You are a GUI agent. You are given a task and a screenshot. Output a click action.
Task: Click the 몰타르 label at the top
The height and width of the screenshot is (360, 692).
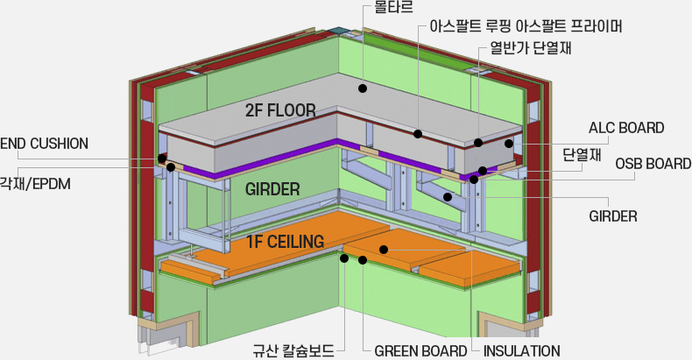[x=393, y=7]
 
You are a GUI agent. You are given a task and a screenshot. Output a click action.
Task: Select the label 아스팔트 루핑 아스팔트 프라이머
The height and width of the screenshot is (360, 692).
[x=526, y=26]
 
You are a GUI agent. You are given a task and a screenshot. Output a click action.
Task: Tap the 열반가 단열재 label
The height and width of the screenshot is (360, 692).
[x=531, y=47]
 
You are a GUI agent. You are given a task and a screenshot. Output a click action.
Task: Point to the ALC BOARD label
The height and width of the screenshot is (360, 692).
[x=626, y=128]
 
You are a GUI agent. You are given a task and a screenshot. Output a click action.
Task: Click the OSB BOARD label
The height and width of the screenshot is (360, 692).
[x=653, y=164]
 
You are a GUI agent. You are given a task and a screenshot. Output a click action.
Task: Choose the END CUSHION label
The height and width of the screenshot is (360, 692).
[x=44, y=144]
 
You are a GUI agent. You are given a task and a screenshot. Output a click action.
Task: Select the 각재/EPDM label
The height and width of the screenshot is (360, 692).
[x=35, y=184]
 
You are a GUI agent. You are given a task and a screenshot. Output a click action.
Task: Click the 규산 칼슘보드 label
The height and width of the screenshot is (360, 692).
[x=293, y=350]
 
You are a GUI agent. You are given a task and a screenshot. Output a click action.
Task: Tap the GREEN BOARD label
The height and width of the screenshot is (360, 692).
[x=420, y=351]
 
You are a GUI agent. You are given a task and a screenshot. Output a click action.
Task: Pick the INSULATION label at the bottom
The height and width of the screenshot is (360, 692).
[x=522, y=351]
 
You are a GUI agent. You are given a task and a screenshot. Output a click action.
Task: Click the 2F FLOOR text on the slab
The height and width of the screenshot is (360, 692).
[x=280, y=110]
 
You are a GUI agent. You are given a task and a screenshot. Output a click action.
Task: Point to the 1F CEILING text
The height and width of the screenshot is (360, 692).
[x=285, y=242]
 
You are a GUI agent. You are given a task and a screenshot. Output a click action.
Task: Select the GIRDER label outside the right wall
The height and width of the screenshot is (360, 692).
[x=613, y=216]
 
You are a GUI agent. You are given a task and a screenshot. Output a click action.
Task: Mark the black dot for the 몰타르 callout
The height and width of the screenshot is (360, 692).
[x=363, y=88]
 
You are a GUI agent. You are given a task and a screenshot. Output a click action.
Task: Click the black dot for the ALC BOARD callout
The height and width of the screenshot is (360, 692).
[x=509, y=144]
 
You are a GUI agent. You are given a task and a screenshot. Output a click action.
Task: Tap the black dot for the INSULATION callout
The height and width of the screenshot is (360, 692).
[x=384, y=250]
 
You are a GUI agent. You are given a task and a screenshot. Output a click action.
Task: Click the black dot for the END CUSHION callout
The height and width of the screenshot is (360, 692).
[x=162, y=159]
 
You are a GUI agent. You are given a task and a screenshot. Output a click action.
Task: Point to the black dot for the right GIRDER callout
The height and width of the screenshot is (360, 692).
[x=448, y=197]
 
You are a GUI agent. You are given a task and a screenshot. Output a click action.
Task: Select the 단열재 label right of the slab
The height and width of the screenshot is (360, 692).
[x=582, y=155]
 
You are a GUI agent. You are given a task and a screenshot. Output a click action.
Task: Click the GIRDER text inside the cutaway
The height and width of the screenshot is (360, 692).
[x=272, y=190]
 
